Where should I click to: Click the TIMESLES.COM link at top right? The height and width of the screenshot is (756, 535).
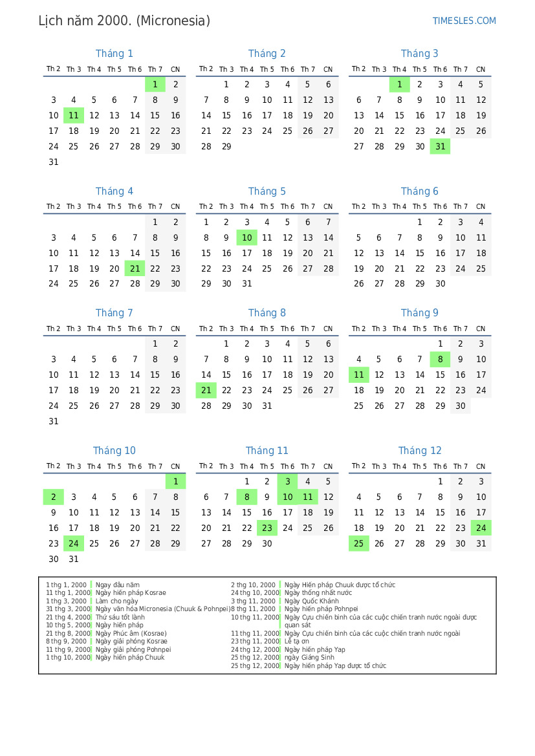point(464,21)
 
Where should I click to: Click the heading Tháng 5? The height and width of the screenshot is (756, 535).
point(267,191)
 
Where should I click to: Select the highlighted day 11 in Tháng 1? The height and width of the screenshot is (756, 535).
point(74,116)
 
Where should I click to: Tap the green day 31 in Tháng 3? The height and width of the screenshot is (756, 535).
point(440,147)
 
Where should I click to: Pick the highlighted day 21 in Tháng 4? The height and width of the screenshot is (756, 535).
point(135,269)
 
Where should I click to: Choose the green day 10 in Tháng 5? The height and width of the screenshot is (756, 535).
point(246,238)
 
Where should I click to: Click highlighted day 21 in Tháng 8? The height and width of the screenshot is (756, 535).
point(206,391)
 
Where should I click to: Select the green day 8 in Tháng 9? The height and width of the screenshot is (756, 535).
point(440,360)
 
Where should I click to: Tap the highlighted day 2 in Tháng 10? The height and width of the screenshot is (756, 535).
point(53,497)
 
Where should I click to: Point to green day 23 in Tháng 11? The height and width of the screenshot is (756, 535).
point(267,528)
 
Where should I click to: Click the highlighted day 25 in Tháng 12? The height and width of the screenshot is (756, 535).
point(358,544)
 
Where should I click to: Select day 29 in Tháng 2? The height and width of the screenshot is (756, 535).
point(226,147)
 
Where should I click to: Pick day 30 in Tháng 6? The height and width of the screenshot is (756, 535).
point(440,284)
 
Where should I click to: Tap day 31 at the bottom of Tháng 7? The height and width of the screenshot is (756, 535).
point(53,422)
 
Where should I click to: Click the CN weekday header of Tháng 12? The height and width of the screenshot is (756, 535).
point(481,466)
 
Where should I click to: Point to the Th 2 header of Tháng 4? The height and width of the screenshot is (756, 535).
point(53,207)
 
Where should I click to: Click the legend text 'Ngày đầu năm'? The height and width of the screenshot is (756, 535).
point(117,585)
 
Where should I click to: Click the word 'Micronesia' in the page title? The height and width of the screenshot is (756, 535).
point(173,21)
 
